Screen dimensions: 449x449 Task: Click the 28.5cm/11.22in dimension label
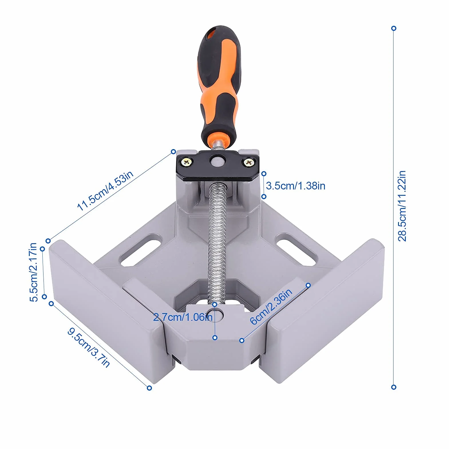[x=402, y=206]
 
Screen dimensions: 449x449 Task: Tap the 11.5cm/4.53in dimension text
[x=105, y=191]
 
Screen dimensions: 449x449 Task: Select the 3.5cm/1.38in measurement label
[x=296, y=186]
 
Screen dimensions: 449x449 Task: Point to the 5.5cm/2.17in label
[x=33, y=272]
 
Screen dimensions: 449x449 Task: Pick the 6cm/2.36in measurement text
[x=271, y=306]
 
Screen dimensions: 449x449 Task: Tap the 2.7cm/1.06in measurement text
[x=183, y=317]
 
